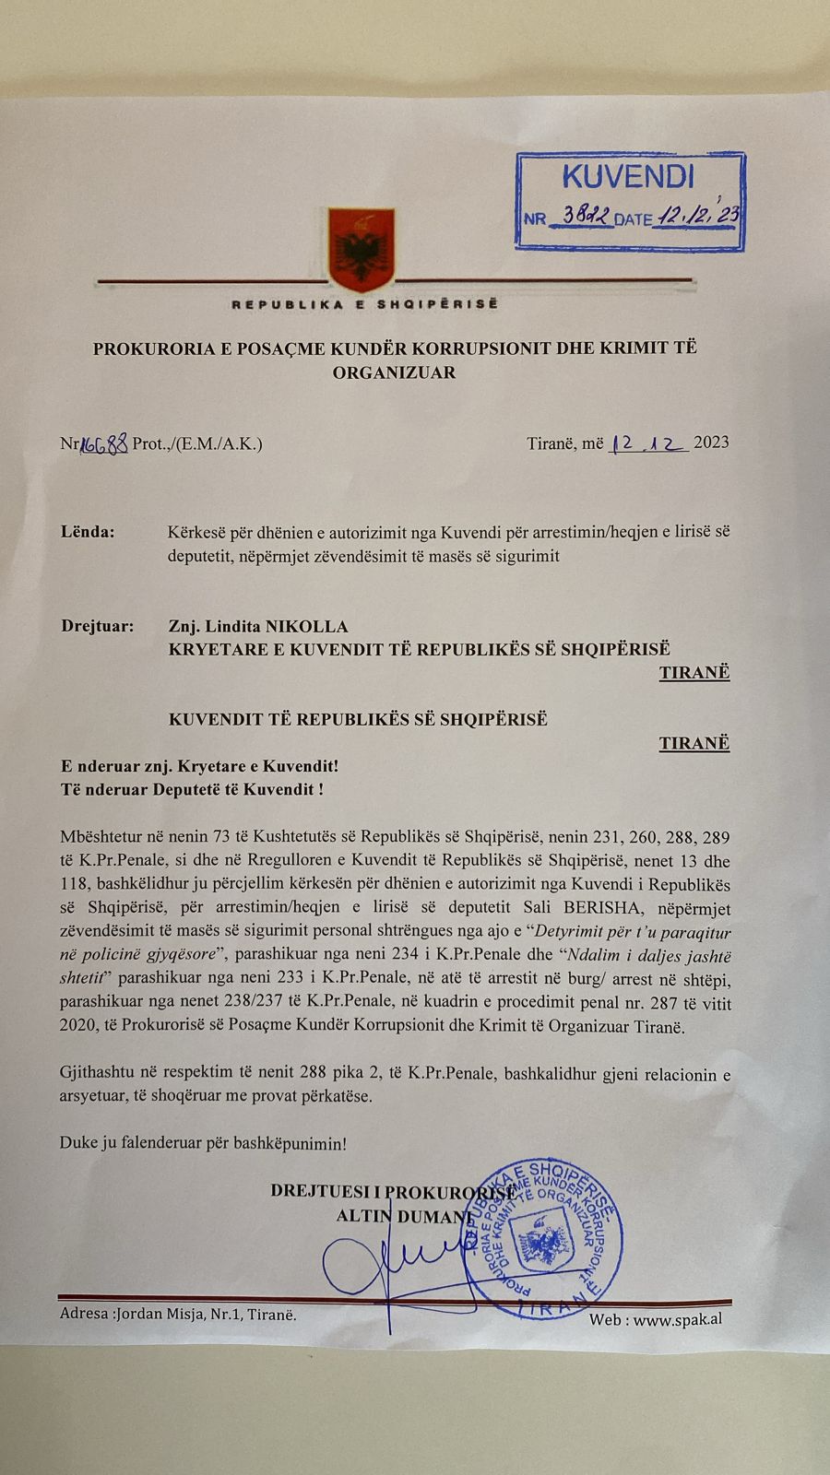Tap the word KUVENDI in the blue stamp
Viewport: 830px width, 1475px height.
(627, 176)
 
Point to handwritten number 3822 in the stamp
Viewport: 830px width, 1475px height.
(586, 217)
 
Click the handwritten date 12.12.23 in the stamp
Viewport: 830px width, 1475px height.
(698, 216)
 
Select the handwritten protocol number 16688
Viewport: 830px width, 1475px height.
(104, 443)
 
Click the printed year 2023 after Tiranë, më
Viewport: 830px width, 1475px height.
(711, 442)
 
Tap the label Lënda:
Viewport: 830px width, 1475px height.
(88, 532)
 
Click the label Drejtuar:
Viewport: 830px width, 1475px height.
(97, 626)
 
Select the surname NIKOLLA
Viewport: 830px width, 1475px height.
(307, 626)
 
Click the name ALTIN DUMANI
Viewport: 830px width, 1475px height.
(403, 1216)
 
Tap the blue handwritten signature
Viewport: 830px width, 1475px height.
(387, 1268)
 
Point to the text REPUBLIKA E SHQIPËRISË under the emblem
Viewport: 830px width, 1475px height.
(363, 304)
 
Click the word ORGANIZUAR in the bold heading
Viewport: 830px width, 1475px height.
(394, 372)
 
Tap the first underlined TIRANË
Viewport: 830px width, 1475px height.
(694, 672)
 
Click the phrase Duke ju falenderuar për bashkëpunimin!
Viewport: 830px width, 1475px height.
(203, 1143)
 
